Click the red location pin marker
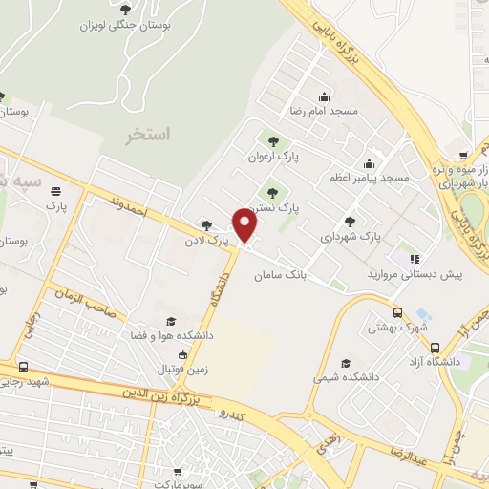click(x=246, y=224)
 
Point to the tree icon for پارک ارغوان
click(x=274, y=140)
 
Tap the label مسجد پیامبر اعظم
click(x=368, y=179)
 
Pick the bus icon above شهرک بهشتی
click(x=397, y=312)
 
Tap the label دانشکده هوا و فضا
click(x=172, y=336)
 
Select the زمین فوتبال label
click(x=168, y=369)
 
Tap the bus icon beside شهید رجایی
click(x=23, y=368)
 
